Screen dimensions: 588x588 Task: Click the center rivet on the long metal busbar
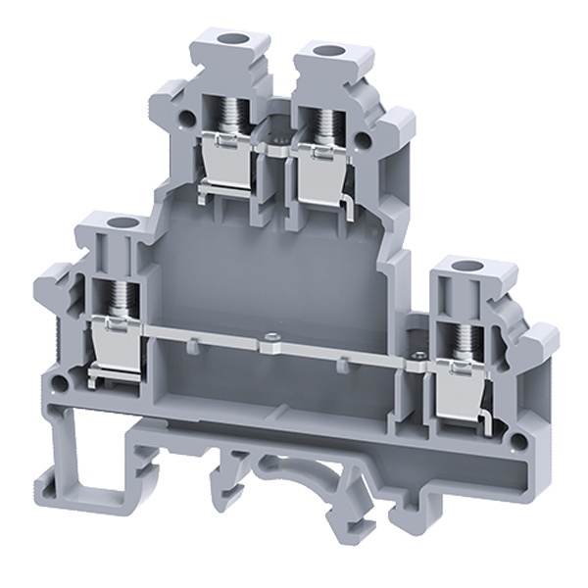click(x=269, y=343)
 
